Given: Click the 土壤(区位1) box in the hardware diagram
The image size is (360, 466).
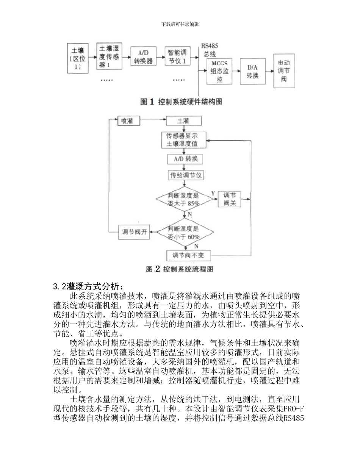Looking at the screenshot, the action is [78, 58].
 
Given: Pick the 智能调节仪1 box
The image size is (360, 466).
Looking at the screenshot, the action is [177, 56].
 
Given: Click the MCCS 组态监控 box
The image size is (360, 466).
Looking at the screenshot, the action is [220, 71].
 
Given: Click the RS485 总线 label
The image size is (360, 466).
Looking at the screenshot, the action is [210, 50].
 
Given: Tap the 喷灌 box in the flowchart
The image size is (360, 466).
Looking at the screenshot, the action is [128, 121].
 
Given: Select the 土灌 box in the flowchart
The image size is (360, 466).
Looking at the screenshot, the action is [183, 121].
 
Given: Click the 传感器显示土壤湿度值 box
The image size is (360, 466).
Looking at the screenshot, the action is [184, 140].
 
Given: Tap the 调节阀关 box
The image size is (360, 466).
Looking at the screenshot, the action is [230, 199].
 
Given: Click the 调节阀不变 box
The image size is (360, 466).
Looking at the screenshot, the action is [188, 255].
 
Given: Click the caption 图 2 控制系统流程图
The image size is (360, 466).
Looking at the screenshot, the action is [180, 269].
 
